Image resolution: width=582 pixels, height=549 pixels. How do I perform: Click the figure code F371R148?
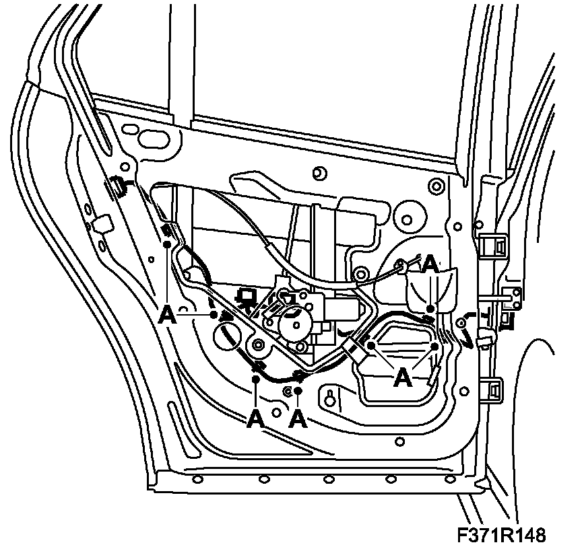click(500, 535)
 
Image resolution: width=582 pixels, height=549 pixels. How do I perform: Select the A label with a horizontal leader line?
click(168, 314)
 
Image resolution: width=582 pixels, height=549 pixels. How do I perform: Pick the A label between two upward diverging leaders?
click(403, 377)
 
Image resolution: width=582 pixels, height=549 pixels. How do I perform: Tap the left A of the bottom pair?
click(255, 419)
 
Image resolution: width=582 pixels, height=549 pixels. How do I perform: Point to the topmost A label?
click(431, 265)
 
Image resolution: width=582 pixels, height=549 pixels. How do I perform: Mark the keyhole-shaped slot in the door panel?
click(330, 398)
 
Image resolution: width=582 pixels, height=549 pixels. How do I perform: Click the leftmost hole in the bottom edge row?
click(197, 478)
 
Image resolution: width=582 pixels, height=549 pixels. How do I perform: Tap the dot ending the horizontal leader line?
click(213, 314)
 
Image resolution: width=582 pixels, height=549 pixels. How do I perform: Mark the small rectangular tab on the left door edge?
click(103, 223)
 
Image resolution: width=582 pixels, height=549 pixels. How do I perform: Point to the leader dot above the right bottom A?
click(297, 390)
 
